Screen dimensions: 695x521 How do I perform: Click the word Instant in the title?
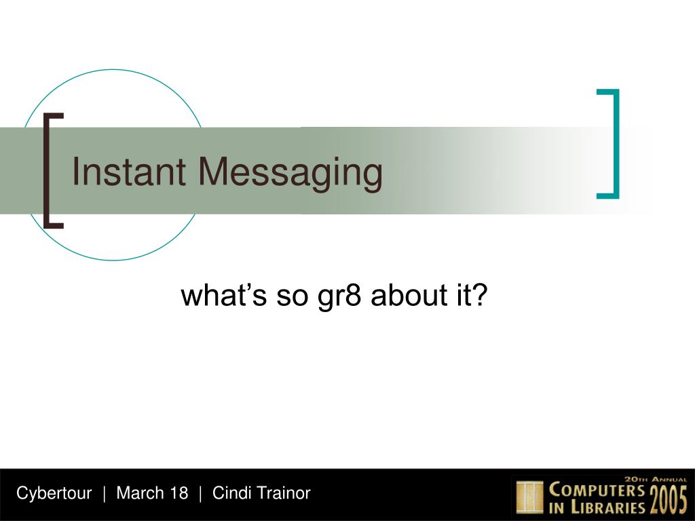click(x=128, y=172)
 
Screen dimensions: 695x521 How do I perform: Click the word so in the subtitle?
click(x=292, y=297)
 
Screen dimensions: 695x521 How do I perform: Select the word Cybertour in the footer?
click(x=54, y=493)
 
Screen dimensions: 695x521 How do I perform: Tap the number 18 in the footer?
click(x=179, y=493)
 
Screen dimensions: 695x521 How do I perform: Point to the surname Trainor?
click(x=283, y=493)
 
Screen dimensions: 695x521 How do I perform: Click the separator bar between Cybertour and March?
click(x=104, y=494)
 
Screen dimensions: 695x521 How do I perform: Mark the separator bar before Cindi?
click(x=200, y=494)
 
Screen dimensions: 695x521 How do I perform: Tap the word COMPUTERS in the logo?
click(x=597, y=490)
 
